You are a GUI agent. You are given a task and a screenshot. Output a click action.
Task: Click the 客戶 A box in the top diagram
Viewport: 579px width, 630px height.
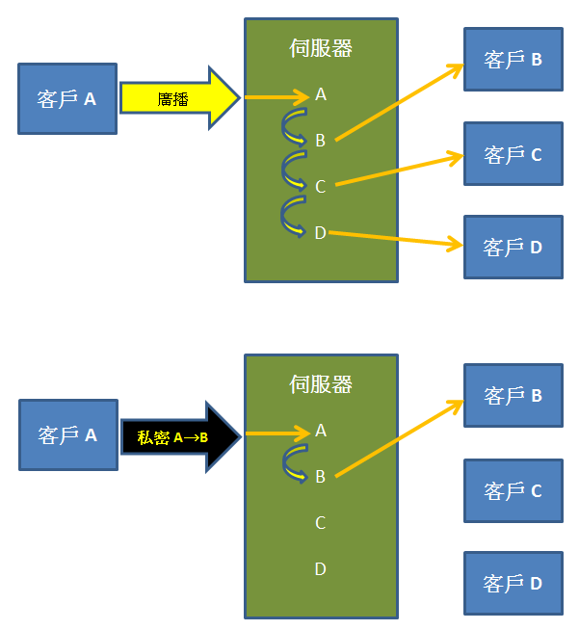66,98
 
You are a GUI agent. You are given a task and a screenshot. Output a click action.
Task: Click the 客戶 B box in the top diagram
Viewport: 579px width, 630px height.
513,60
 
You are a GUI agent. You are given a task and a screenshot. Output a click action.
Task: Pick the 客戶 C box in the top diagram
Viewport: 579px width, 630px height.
513,154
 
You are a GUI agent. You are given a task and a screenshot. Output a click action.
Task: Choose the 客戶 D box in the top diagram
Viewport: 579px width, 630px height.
513,247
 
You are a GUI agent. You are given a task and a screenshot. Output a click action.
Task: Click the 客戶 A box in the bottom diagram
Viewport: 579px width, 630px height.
67,435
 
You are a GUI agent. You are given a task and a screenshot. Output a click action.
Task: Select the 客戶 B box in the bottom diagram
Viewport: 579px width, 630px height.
513,395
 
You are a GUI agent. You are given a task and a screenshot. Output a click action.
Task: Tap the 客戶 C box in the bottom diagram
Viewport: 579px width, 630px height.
513,490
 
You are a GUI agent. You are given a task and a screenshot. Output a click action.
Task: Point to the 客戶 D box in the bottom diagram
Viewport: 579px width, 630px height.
513,583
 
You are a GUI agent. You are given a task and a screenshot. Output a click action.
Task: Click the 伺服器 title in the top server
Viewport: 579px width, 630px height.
321,48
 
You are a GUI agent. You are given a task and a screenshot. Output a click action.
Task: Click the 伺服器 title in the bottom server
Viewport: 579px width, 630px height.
321,384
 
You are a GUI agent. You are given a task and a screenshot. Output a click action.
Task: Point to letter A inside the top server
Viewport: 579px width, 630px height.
321,94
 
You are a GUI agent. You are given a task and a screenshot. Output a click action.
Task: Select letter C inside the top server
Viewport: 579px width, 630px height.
321,186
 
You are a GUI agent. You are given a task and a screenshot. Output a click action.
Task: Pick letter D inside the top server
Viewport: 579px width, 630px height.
321,232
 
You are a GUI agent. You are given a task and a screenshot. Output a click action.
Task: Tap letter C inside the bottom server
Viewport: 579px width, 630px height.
321,523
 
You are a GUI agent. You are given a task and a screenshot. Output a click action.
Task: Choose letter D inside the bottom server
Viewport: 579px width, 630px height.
321,569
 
